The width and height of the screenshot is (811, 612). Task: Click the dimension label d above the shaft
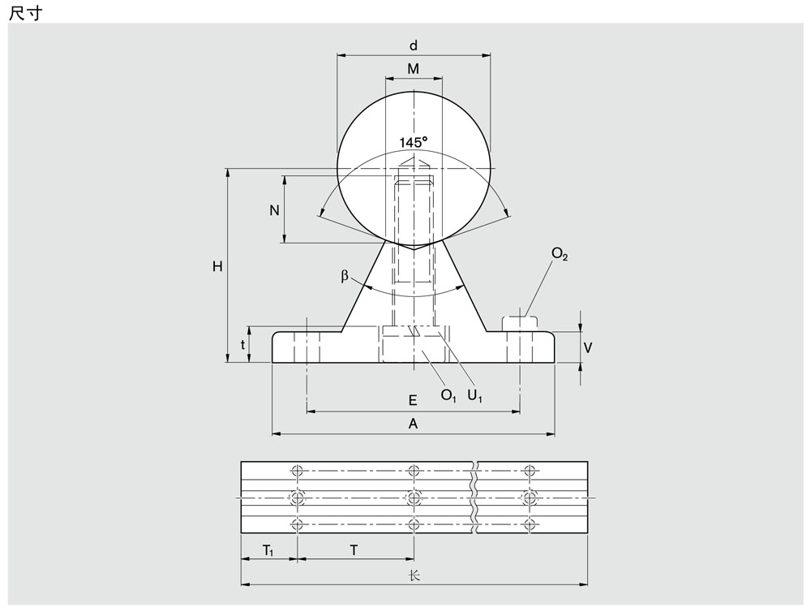click(x=414, y=46)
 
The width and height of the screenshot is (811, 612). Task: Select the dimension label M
click(x=414, y=69)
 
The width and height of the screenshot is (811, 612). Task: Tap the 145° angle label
click(x=414, y=142)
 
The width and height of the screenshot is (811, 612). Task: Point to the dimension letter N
click(x=274, y=210)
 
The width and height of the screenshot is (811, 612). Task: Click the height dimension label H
click(x=217, y=267)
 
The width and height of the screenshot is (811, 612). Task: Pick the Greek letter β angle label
click(x=345, y=276)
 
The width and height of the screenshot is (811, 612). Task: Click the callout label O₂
click(x=560, y=254)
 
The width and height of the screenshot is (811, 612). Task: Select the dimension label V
click(x=587, y=348)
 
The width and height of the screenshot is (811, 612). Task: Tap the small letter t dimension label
click(x=242, y=345)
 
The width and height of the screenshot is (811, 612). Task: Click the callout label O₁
click(x=448, y=395)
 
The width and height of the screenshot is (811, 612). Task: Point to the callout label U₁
click(x=474, y=395)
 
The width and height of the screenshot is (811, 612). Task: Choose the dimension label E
click(x=413, y=400)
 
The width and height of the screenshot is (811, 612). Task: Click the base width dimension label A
click(x=413, y=424)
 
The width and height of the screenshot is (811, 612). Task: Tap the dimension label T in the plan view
click(x=354, y=550)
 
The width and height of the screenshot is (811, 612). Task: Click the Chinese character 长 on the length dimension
click(x=414, y=575)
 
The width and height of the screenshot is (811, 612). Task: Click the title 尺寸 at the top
click(x=25, y=14)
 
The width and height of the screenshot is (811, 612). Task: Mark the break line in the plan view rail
click(x=474, y=497)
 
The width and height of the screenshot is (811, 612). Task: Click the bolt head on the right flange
click(x=520, y=323)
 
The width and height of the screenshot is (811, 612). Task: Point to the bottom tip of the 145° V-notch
click(x=414, y=250)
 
